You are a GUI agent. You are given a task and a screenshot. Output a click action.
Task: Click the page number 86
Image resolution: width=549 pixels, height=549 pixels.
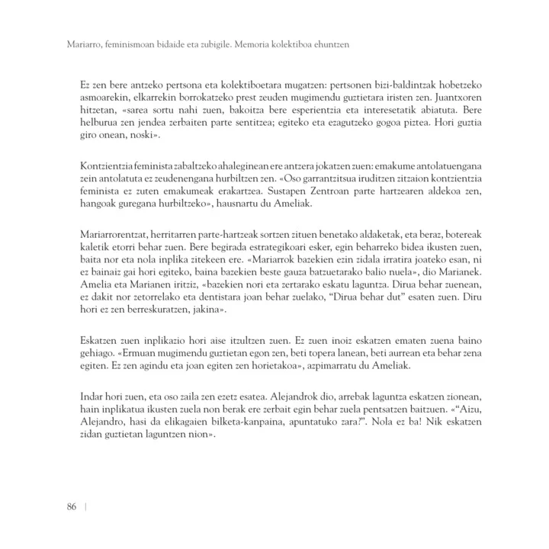pos(72,509)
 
